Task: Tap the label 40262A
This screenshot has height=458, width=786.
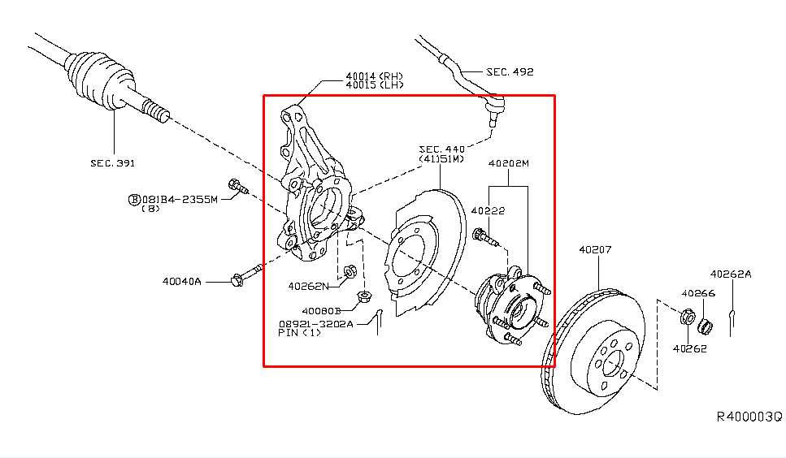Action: pyautogui.click(x=730, y=274)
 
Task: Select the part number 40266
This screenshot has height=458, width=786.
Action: pyautogui.click(x=697, y=294)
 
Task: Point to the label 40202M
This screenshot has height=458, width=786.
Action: pyautogui.click(x=508, y=163)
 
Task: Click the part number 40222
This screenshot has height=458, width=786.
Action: pyautogui.click(x=489, y=211)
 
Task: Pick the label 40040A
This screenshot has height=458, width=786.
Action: pyautogui.click(x=181, y=282)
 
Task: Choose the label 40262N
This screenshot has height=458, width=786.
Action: pyautogui.click(x=308, y=286)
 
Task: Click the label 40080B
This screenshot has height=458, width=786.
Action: pyautogui.click(x=320, y=310)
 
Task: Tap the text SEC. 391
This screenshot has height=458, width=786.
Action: pyautogui.click(x=112, y=163)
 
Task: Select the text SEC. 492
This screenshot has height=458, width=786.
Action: pyautogui.click(x=510, y=72)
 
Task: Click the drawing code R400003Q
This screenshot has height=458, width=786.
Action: pyautogui.click(x=748, y=417)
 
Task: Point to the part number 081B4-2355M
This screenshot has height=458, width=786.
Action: pyautogui.click(x=180, y=199)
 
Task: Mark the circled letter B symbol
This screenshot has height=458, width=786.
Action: pyautogui.click(x=134, y=199)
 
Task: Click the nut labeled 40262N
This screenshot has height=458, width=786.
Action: pyautogui.click(x=350, y=271)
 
